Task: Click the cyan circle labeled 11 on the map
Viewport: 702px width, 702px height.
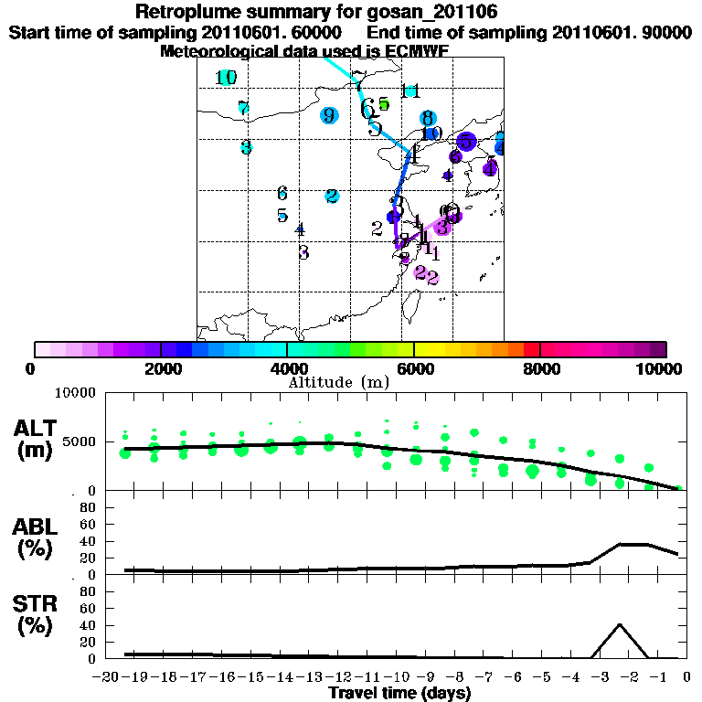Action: coord(410,90)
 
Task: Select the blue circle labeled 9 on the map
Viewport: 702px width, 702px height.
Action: coord(329,115)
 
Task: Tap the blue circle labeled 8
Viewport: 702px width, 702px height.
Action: coord(427,118)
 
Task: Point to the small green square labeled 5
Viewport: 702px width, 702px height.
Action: coord(384,104)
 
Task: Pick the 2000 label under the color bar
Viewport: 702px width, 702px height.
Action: coord(161,368)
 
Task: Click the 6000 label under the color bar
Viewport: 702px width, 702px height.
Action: coord(413,368)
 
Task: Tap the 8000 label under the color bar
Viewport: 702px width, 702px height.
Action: coord(540,368)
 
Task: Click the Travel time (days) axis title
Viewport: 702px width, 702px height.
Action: coord(399,694)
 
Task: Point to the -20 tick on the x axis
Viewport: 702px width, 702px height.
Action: coord(109,676)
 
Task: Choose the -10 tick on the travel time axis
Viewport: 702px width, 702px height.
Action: coord(397,676)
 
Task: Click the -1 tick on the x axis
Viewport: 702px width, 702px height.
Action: coord(657,676)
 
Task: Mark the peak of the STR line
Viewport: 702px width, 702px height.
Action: coord(620,624)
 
